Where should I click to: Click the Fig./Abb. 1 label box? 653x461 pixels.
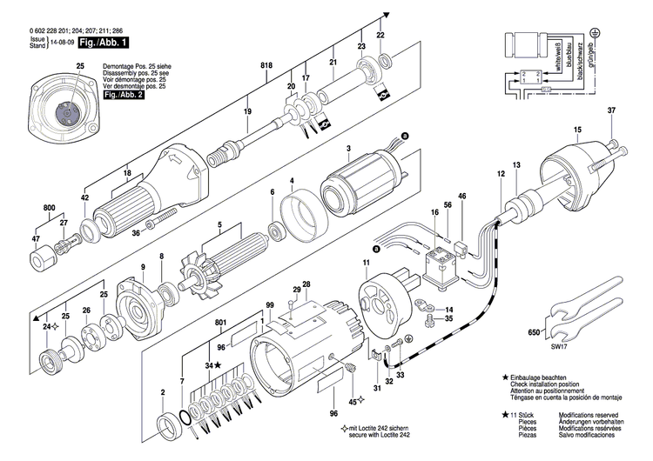(104, 42)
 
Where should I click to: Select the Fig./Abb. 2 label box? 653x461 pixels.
(123, 95)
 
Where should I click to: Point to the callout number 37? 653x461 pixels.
(610, 110)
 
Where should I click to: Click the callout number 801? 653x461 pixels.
(220, 321)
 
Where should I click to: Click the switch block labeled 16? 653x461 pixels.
(439, 264)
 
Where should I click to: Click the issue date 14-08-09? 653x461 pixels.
(61, 42)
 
